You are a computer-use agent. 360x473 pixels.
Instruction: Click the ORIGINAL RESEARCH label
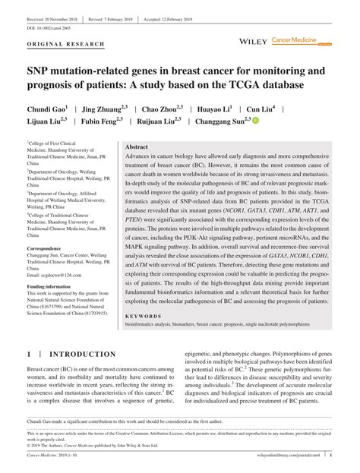65,45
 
